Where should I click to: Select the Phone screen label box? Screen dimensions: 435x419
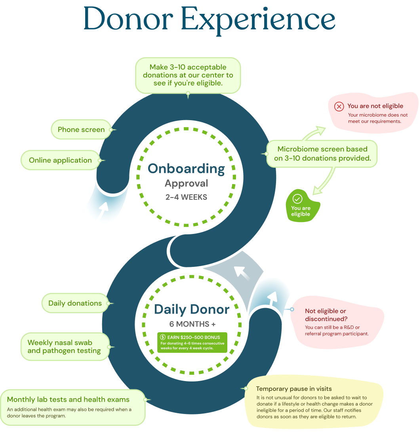(x=81, y=130)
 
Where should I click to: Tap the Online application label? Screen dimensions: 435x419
(x=60, y=161)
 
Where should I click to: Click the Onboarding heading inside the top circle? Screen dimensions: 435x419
(x=186, y=169)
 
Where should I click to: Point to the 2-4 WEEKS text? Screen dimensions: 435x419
(x=186, y=197)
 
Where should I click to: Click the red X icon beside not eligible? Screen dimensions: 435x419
(x=339, y=106)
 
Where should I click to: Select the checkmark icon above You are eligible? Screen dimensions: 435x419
(x=297, y=199)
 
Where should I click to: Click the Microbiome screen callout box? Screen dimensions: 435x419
(x=322, y=154)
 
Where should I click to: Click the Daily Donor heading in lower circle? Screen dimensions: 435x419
(x=192, y=309)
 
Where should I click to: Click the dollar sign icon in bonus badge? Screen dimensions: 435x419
(x=162, y=337)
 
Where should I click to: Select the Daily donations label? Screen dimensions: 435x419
(x=75, y=303)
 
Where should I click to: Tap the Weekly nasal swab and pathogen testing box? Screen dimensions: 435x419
(x=64, y=347)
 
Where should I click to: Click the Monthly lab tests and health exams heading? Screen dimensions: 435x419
(x=68, y=400)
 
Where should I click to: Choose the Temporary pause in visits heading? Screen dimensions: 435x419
(x=294, y=389)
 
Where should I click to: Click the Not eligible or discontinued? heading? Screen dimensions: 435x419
(x=326, y=315)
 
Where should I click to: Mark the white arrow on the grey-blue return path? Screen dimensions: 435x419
(x=241, y=272)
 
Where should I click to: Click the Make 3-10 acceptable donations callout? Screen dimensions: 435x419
(x=188, y=75)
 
